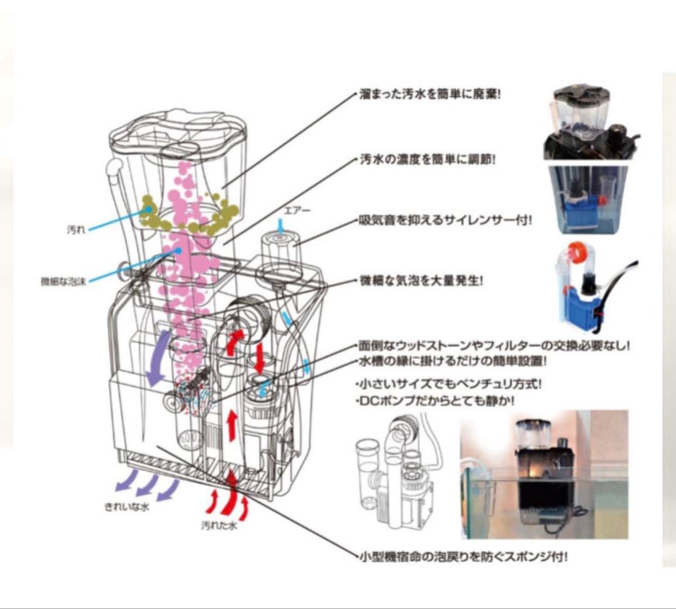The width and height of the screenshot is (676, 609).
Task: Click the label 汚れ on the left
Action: [x=75, y=230]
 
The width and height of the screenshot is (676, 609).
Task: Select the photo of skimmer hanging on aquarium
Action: [x=544, y=474]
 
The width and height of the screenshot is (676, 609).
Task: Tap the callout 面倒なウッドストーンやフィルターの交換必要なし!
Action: [x=494, y=346]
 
